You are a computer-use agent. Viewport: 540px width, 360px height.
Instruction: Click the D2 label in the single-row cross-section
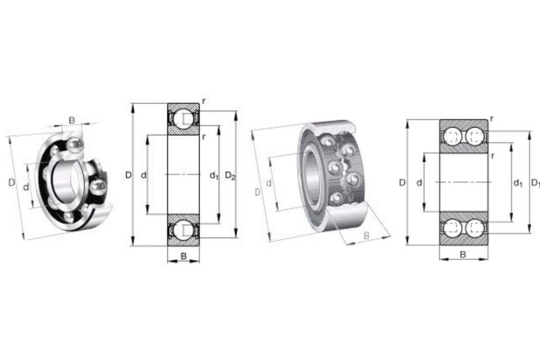coord(230,176)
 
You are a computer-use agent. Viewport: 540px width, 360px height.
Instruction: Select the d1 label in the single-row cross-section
coord(214,176)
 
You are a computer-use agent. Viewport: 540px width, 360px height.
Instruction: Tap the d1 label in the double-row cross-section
coord(518,183)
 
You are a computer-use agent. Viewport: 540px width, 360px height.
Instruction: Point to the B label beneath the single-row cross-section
coord(184,256)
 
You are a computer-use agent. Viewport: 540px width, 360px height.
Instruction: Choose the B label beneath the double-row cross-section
coord(463,255)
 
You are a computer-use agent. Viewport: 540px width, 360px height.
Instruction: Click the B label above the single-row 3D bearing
coord(71,120)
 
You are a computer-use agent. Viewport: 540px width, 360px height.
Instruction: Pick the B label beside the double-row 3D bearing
coord(366,236)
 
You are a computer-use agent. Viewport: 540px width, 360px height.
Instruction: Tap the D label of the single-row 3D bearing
coord(12,183)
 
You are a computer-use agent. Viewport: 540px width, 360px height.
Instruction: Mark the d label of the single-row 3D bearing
coord(26,187)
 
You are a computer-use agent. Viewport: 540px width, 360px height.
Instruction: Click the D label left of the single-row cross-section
coord(128,175)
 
